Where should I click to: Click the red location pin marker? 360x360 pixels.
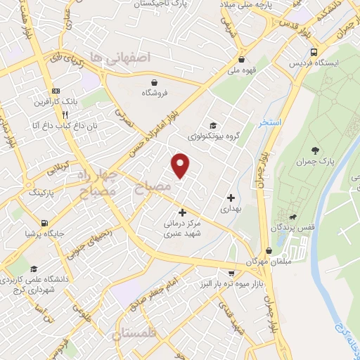pyautogui.click(x=181, y=165)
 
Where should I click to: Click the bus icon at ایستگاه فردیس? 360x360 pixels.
pyautogui.click(x=313, y=53)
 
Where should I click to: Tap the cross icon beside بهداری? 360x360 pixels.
pyautogui.click(x=230, y=198)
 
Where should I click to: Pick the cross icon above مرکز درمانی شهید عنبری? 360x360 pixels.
pyautogui.click(x=182, y=212)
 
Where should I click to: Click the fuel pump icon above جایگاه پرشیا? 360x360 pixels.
pyautogui.click(x=45, y=223)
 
